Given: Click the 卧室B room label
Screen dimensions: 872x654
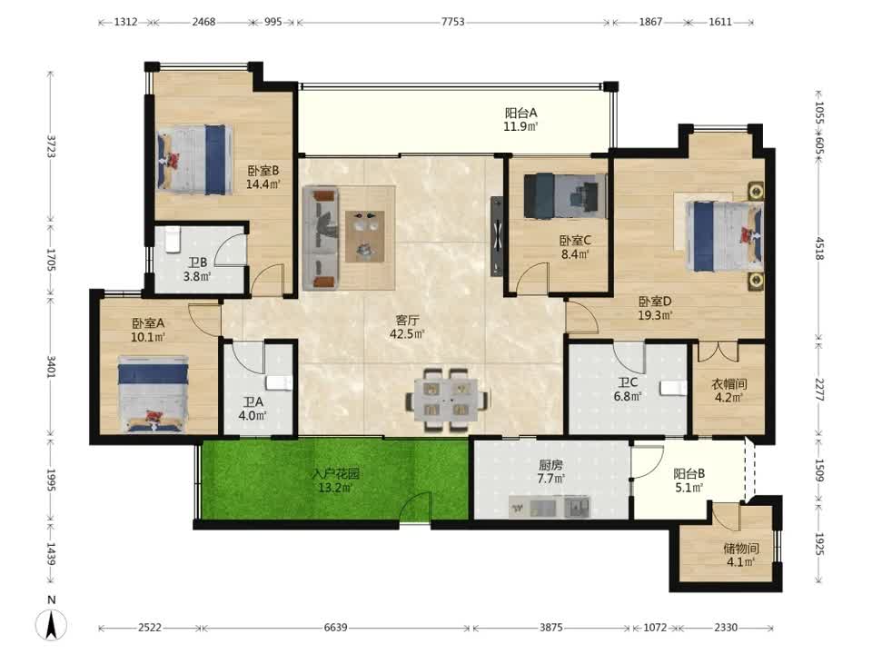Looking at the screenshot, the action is click(x=263, y=171).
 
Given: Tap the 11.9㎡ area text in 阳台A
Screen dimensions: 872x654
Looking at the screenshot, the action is click(x=520, y=127).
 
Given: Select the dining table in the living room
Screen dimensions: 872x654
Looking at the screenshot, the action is click(x=448, y=400).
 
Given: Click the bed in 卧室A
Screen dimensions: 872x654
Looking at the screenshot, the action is click(x=153, y=394).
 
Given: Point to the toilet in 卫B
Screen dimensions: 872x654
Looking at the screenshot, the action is click(x=173, y=239).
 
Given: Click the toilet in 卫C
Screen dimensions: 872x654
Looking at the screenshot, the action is click(x=672, y=388).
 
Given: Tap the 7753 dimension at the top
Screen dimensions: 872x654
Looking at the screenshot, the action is click(x=452, y=22).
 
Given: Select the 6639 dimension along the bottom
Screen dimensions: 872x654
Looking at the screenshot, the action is click(x=335, y=628).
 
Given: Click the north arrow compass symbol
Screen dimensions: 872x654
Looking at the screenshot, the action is click(x=51, y=624).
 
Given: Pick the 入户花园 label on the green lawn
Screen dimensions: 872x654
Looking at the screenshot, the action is click(x=335, y=474).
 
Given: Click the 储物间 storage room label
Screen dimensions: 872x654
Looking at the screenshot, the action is click(x=741, y=549).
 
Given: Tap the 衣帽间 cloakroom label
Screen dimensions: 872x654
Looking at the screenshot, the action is click(x=729, y=383).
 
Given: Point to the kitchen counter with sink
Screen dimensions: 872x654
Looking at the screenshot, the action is click(x=550, y=507).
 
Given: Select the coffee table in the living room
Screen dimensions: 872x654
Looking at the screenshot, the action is click(x=364, y=236).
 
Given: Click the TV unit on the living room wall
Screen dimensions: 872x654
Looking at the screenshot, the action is click(x=497, y=236).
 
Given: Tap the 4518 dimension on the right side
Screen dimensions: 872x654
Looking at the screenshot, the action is click(x=818, y=248).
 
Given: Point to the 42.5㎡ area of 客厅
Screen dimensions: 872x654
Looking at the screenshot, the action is click(x=407, y=334).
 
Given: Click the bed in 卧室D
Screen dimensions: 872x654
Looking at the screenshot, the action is click(x=724, y=236).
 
